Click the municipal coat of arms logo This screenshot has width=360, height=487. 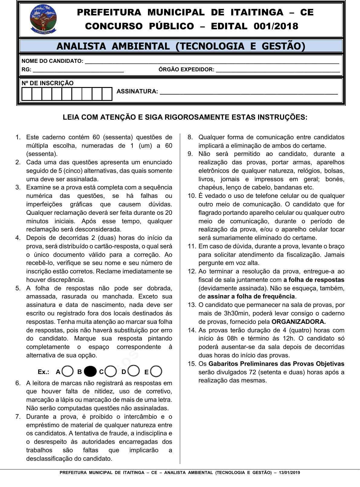pyautogui.click(x=43, y=19)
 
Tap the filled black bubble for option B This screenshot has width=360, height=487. pyautogui.click(x=90, y=371)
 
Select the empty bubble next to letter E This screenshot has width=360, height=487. pyautogui.click(x=156, y=371)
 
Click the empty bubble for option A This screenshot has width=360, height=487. pyautogui.click(x=68, y=371)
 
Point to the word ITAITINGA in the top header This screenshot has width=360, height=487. pyautogui.click(x=257, y=12)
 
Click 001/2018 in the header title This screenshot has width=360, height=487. pyautogui.click(x=276, y=26)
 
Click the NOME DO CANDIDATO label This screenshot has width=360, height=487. pyautogui.click(x=52, y=61)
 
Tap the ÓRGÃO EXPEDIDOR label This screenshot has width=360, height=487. pyautogui.click(x=186, y=69)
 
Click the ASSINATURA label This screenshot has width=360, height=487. pyautogui.click(x=137, y=91)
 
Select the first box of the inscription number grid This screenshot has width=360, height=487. pyautogui.click(x=27, y=94)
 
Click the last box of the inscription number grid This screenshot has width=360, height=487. pyautogui.click(x=107, y=94)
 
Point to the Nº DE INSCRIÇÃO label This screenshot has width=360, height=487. pyautogui.click(x=47, y=83)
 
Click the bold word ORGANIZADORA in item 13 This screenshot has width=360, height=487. pyautogui.click(x=298, y=322)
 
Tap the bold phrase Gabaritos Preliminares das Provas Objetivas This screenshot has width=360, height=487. pyautogui.click(x=276, y=364)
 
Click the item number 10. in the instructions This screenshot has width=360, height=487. pyautogui.click(x=192, y=196)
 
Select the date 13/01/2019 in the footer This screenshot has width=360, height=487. pyautogui.click(x=290, y=472)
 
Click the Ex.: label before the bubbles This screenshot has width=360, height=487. pyautogui.click(x=44, y=372)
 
